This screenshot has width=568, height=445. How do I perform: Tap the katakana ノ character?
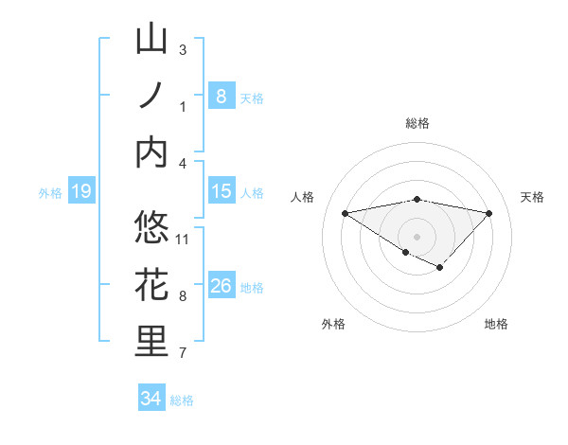point(151,96)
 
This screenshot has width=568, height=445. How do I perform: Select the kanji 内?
point(151,152)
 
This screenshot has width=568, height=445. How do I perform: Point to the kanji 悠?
point(151,228)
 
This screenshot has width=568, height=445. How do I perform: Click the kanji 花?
point(151,285)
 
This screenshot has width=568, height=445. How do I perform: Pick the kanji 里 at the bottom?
point(151,342)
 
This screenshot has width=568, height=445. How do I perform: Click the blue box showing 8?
point(221,96)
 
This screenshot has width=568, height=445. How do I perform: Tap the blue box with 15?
point(221,191)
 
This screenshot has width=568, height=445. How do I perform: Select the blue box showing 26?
point(221,286)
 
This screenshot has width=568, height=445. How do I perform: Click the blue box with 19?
point(80,192)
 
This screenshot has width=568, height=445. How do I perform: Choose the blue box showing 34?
point(151,399)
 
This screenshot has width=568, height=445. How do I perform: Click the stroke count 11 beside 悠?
point(184,239)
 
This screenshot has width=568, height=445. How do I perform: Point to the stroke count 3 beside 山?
point(183,49)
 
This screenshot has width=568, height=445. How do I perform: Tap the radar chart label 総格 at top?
point(417,123)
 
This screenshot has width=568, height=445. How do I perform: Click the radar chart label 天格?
point(532,197)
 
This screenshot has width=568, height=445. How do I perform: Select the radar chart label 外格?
point(333,324)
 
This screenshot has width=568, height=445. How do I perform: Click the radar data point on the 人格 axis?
point(345,212)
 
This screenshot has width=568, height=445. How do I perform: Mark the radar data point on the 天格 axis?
point(488,213)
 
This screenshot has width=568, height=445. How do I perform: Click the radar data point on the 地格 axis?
point(440,268)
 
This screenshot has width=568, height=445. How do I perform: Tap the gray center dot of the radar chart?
point(417,236)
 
